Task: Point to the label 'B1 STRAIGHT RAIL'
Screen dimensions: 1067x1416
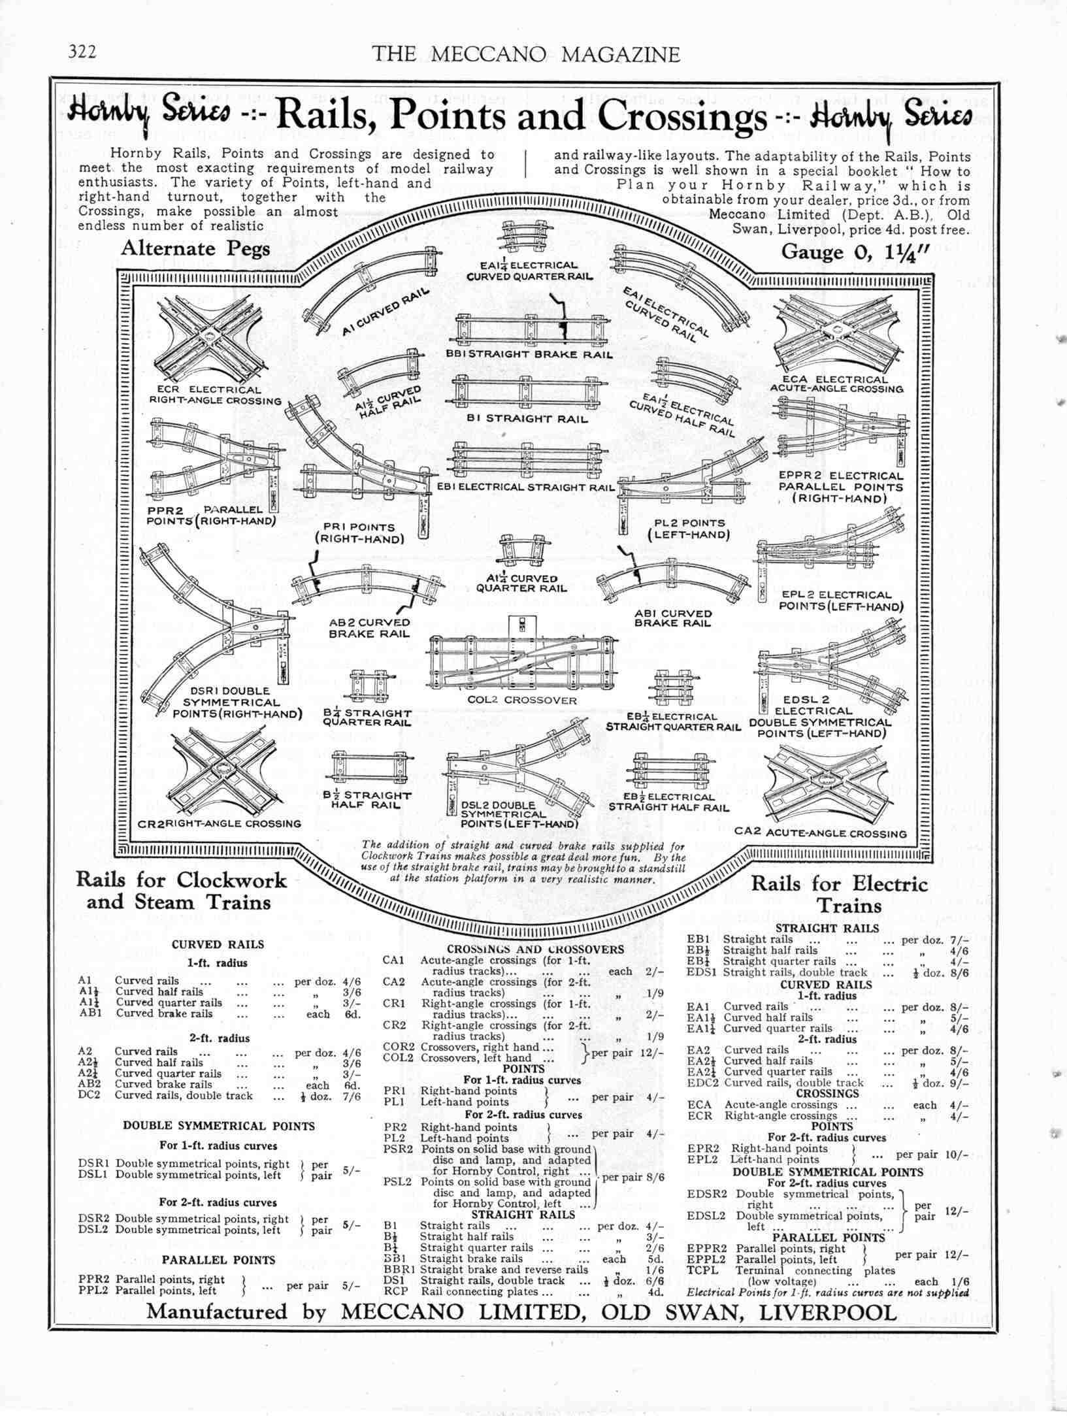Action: pyautogui.click(x=527, y=419)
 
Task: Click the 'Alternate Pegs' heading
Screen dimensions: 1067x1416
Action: pyautogui.click(x=195, y=249)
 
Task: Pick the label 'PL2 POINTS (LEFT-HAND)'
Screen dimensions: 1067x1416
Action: pyautogui.click(x=687, y=529)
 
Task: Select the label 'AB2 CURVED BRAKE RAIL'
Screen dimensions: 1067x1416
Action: pyautogui.click(x=369, y=628)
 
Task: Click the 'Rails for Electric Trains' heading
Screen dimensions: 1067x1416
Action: pyautogui.click(x=840, y=895)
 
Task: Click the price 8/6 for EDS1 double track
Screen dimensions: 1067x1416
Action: pyautogui.click(x=958, y=972)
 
